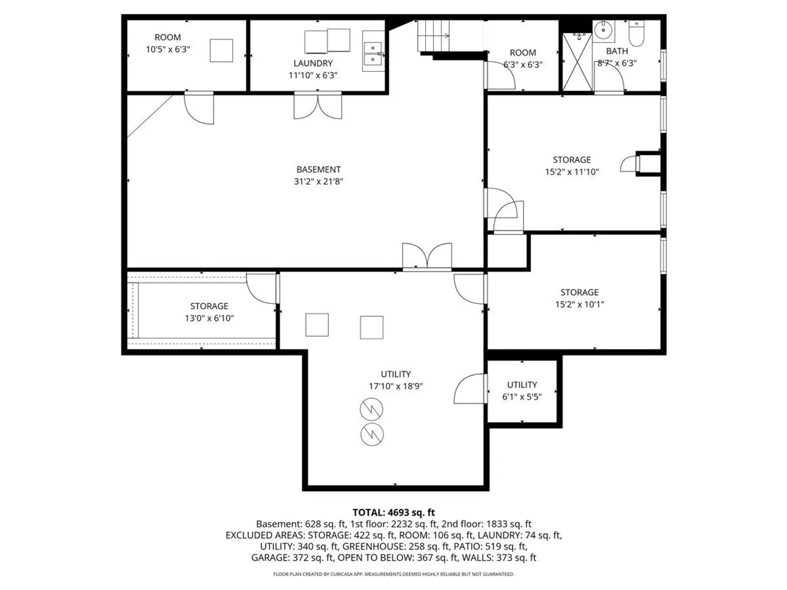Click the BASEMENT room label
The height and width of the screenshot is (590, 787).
tap(318, 169)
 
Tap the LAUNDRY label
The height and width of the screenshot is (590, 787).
tap(313, 63)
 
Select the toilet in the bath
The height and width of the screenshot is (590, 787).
tap(636, 33)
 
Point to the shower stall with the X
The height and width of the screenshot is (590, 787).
tap(577, 62)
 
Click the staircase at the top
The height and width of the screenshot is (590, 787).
tap(433, 36)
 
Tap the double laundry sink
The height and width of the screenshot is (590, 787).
tap(373, 52)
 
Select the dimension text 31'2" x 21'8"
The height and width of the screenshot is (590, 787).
tap(318, 181)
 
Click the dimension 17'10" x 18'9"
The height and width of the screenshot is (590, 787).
tap(396, 386)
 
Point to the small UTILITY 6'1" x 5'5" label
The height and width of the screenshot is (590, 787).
tap(522, 391)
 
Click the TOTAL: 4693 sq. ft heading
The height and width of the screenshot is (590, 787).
tap(393, 512)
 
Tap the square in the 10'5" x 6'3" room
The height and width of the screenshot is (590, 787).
tap(221, 50)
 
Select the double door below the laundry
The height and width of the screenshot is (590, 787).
tap(318, 105)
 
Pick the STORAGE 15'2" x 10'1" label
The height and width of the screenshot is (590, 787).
tap(579, 298)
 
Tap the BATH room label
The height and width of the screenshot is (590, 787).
tap(616, 51)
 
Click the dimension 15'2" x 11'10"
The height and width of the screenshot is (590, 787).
tap(572, 172)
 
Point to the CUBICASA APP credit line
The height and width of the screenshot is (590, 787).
tap(393, 574)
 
